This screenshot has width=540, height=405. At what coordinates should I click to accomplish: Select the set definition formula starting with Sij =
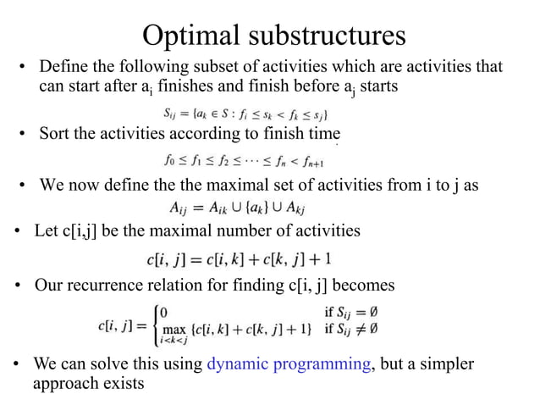click(x=245, y=113)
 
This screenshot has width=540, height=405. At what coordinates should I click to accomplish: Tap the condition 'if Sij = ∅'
click(x=352, y=312)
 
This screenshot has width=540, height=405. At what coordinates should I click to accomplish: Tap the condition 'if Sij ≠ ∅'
click(x=352, y=328)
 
